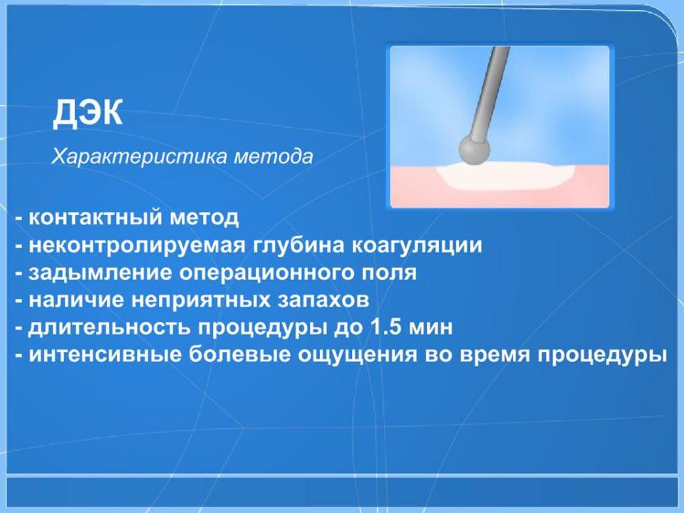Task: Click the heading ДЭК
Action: pyautogui.click(x=88, y=113)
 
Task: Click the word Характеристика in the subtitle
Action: pyautogui.click(x=140, y=157)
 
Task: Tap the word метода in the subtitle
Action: pyautogui.click(x=273, y=157)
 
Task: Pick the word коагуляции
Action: pyautogui.click(x=417, y=245)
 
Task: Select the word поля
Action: pyautogui.click(x=390, y=273)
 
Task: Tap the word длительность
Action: pyautogui.click(x=110, y=328)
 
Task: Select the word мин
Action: pyautogui.click(x=429, y=328)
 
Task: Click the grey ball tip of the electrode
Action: pyautogui.click(x=474, y=150)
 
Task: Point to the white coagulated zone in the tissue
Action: pyautogui.click(x=506, y=176)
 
